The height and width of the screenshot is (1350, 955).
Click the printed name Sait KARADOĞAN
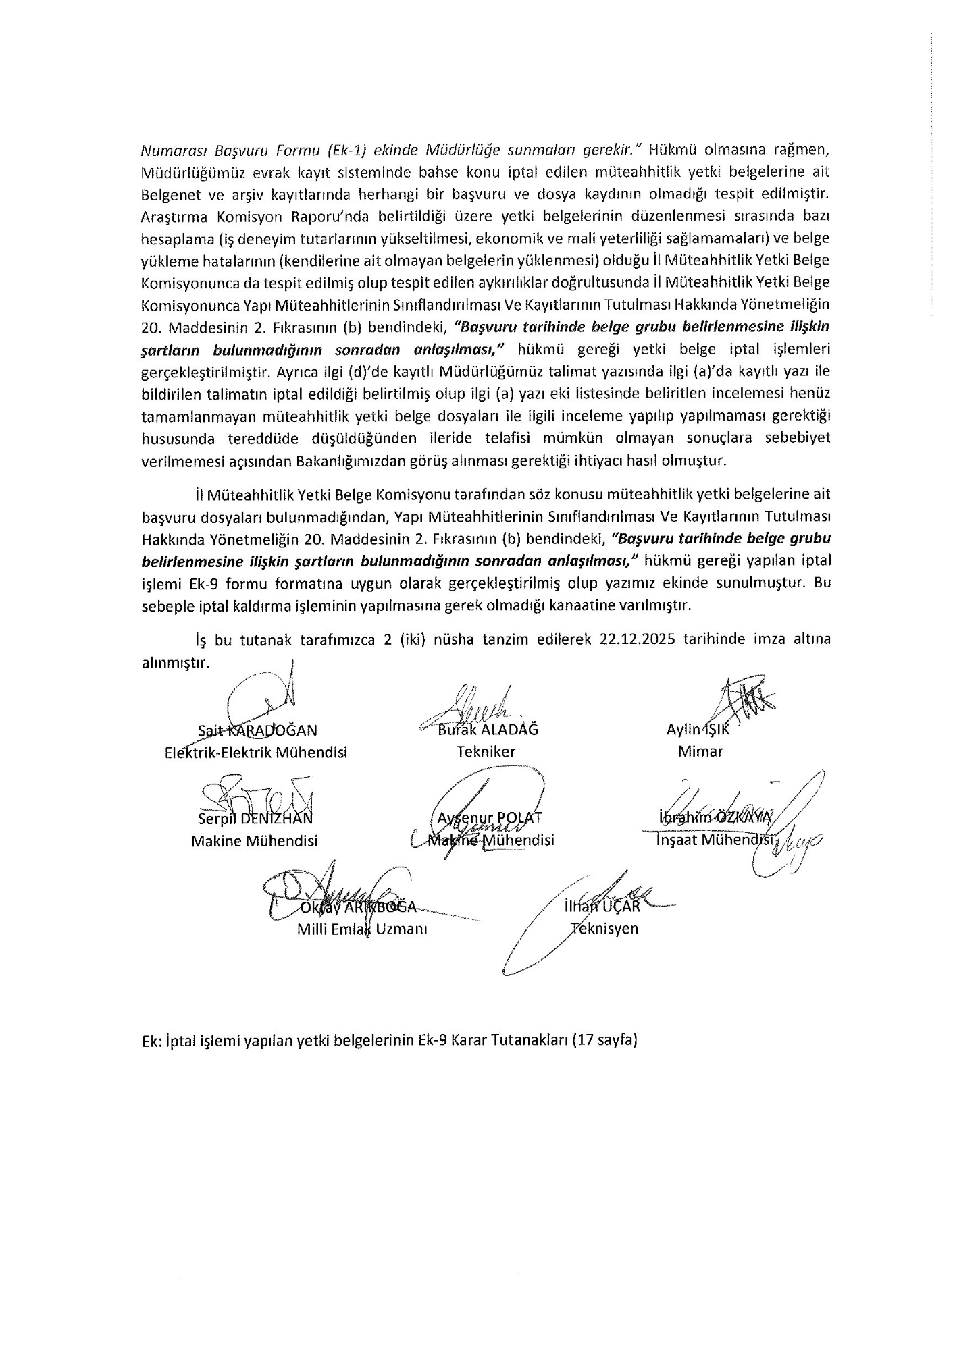[x=257, y=730]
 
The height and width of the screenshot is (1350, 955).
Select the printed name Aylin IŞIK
[x=698, y=730]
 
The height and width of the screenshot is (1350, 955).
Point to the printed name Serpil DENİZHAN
[x=255, y=819]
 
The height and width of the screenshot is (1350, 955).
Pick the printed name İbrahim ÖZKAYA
[x=715, y=817]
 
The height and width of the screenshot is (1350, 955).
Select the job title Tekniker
[x=486, y=751]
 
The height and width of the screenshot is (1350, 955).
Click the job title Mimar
[x=700, y=751]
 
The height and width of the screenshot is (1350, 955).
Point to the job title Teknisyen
[x=604, y=928]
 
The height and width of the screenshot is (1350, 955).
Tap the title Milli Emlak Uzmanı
[x=363, y=929]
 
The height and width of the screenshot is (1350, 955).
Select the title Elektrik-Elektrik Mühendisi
[x=256, y=752]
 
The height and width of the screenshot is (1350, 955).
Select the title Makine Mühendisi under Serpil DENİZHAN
[x=254, y=841]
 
